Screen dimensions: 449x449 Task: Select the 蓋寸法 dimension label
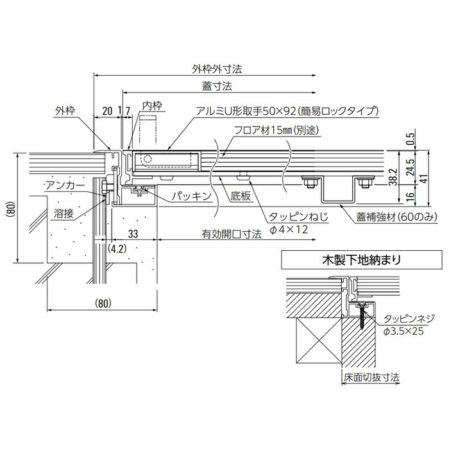[x=214, y=85]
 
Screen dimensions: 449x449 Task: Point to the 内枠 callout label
[x=151, y=105]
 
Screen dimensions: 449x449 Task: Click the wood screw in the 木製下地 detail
[x=363, y=314]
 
